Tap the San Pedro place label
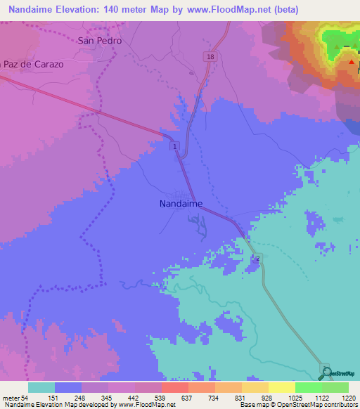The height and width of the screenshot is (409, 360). coord(99,41)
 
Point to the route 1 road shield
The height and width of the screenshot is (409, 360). coord(174,145)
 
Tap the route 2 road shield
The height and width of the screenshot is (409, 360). coord(257,259)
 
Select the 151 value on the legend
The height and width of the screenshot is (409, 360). coord(67,398)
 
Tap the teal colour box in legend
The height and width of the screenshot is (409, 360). coord(41,387)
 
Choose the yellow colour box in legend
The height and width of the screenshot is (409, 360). coord(281,387)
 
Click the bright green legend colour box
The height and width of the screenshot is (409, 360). coord(308,387)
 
